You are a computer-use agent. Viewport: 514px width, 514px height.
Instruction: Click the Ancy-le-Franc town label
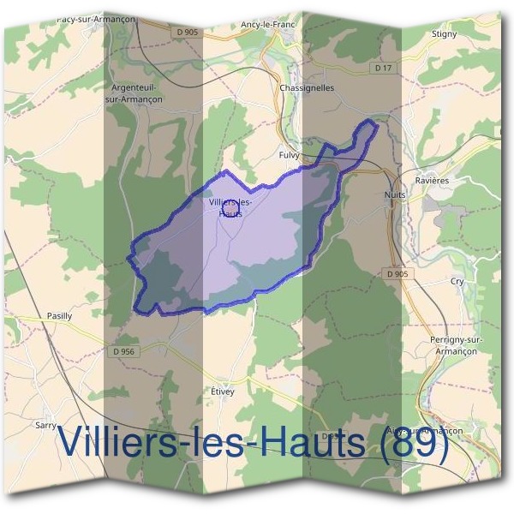pos(268,25)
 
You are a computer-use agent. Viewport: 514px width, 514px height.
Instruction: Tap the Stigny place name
pos(445,34)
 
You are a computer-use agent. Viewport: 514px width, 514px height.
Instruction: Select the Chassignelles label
pos(307,87)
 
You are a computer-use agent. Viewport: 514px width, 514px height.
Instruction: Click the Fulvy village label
pos(289,155)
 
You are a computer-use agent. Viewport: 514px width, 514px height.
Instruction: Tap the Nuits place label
pos(395,195)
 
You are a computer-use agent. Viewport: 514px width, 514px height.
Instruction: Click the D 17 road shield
pos(383,67)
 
